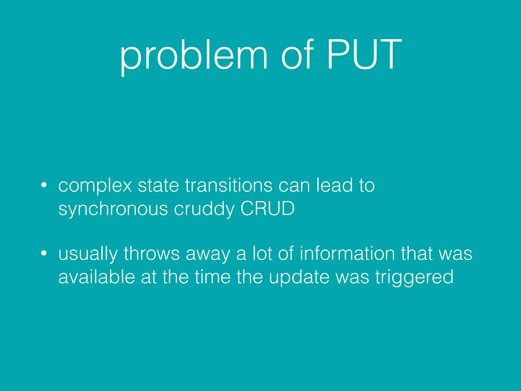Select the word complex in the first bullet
pyautogui.click(x=95, y=186)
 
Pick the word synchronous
pyautogui.click(x=113, y=209)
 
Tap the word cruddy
pyautogui.click(x=204, y=209)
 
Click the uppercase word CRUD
pyautogui.click(x=267, y=208)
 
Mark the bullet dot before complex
pyautogui.click(x=44, y=185)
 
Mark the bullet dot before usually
pyautogui.click(x=44, y=253)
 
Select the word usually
pyautogui.click(x=88, y=254)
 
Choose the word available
pyautogui.click(x=96, y=277)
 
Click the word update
pyautogui.click(x=299, y=277)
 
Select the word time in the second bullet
pyautogui.click(x=212, y=277)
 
